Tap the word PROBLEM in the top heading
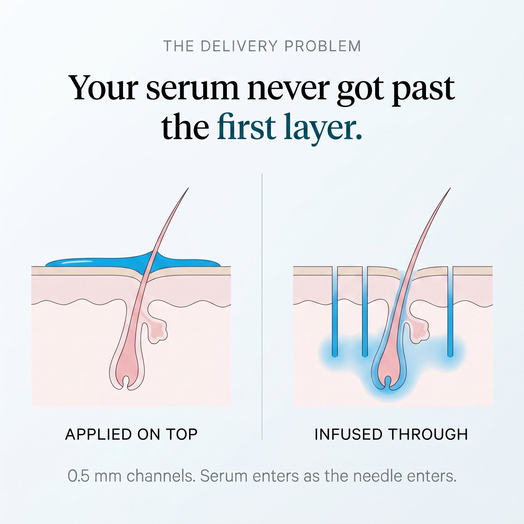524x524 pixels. tap(323, 46)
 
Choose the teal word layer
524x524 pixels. tap(323, 129)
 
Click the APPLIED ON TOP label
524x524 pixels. tap(131, 434)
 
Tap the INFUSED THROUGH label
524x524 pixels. tap(391, 434)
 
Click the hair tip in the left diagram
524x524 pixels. tap(188, 188)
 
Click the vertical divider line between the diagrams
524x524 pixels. tap(262, 306)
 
